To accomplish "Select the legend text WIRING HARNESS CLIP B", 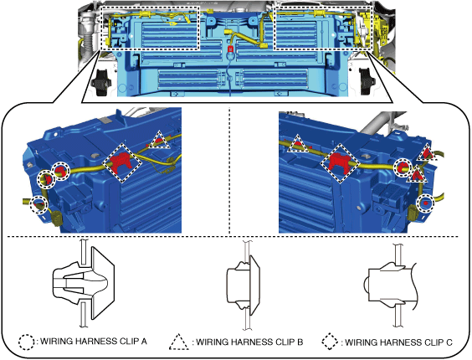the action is [x=249, y=342].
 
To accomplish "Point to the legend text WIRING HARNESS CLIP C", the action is [x=398, y=342].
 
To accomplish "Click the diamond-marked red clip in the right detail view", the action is [x=340, y=162].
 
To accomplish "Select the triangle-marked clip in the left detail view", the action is [x=160, y=141].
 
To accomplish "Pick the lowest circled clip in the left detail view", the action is [x=38, y=204].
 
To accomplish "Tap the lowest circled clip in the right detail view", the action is [x=425, y=203].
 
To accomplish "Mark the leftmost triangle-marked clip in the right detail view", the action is [x=298, y=145].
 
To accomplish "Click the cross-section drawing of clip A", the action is [x=84, y=283].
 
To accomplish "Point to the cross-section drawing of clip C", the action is [x=392, y=285].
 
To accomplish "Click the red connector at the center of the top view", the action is [x=230, y=49].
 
